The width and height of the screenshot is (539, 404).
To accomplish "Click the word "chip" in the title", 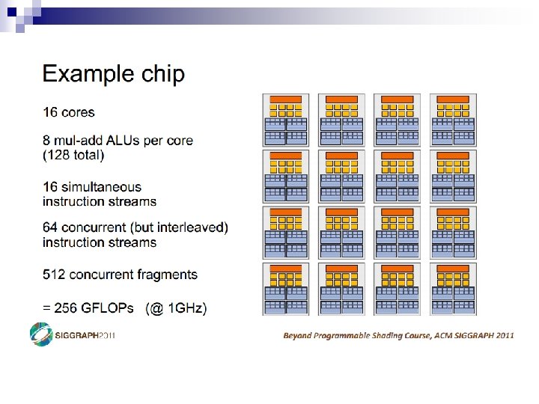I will pos(161,75).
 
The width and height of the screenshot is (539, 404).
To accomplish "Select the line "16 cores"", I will pos(69,112).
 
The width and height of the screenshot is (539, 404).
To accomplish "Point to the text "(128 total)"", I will pos(73,155).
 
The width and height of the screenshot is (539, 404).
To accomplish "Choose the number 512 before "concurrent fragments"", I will pos(54,275).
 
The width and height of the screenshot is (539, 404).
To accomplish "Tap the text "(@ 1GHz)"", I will pos(177,307).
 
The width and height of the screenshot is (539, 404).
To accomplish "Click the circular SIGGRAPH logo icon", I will pos(40,334).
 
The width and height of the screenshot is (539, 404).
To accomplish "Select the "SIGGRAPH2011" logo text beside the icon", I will pos(84,335).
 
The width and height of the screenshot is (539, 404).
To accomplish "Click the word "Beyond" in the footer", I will pos(298,335).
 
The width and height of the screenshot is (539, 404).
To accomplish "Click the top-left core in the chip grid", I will pos(285,120).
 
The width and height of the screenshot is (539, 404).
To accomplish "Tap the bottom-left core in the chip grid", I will pos(285,288).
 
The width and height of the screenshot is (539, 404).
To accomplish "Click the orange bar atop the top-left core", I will pos(285,100).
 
